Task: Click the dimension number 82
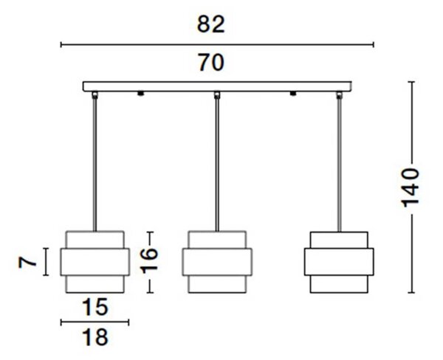(x=210, y=24)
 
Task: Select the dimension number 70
(x=210, y=63)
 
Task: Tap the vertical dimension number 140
(x=411, y=188)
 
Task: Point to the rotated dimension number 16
(x=149, y=260)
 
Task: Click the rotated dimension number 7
(x=27, y=263)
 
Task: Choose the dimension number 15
(x=95, y=307)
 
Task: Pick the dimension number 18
(x=95, y=337)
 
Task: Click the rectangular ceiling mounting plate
(x=217, y=86)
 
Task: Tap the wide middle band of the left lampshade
(x=95, y=262)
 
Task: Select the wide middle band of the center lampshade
(x=217, y=262)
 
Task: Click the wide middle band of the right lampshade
(x=339, y=262)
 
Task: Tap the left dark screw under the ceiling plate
(x=140, y=94)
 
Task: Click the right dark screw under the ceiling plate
(x=293, y=94)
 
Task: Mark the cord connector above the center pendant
(x=217, y=95)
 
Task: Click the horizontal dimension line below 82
(x=217, y=44)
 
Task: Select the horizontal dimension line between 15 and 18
(x=95, y=322)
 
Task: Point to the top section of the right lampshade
(x=339, y=240)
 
